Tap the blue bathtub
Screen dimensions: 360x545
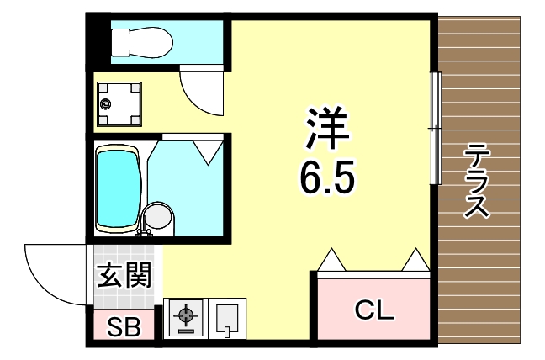point(117,188)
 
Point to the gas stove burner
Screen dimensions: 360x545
point(185,318)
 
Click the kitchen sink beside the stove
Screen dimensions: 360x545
point(227,319)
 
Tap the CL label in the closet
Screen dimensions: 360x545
point(373,310)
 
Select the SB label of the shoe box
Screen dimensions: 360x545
point(124,326)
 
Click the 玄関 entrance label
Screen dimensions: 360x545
point(124,276)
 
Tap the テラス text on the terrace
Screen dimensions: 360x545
point(479,181)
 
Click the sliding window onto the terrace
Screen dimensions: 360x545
point(435,128)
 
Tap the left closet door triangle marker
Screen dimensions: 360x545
point(330,259)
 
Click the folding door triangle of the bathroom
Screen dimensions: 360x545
point(206,151)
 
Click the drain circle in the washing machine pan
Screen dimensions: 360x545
point(106,103)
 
